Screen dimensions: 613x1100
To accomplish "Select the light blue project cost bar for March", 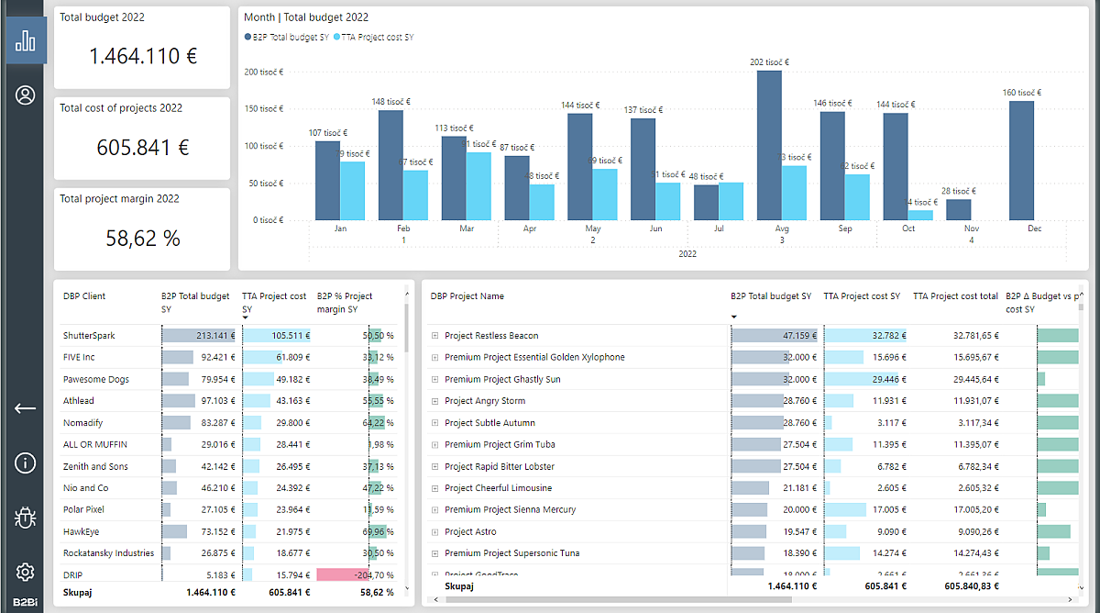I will click(478, 186).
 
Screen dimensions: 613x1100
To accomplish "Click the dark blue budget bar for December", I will click(1021, 161).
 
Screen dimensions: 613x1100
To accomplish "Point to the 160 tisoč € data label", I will click(1021, 93).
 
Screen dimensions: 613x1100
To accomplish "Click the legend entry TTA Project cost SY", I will click(376, 38).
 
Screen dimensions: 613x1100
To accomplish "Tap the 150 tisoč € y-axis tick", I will click(263, 109).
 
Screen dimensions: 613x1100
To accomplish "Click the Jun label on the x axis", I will click(654, 228).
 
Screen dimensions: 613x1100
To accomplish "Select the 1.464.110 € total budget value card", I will click(142, 56).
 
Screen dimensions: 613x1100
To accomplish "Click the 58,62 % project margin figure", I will click(142, 239).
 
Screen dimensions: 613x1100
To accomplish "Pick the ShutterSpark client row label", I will click(89, 336).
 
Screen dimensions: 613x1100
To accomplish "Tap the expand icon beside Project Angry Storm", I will click(435, 401).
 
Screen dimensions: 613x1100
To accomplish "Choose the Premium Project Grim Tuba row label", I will click(500, 445).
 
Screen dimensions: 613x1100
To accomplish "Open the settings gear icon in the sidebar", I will click(26, 572).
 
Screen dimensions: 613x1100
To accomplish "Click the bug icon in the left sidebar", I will click(26, 518).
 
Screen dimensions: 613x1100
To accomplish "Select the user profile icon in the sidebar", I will click(26, 95).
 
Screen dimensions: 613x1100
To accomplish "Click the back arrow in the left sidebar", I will click(26, 408).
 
